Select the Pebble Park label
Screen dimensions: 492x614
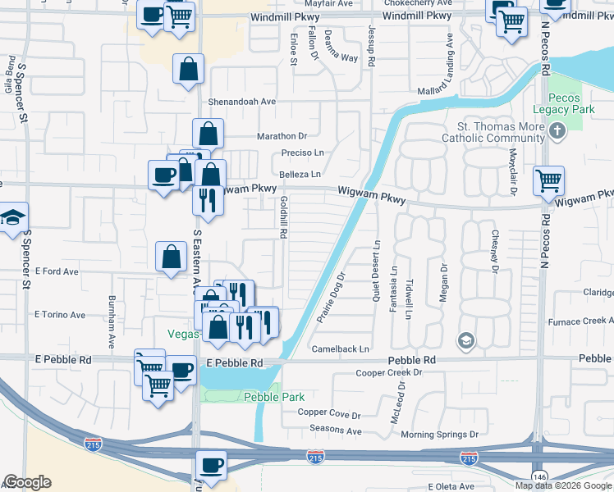pos(263,397)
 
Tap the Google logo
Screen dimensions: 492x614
pos(26,482)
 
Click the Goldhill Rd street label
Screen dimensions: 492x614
pos(282,216)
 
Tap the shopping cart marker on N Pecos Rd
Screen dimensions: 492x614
pos(548,180)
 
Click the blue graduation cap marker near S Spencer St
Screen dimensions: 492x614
pos(13,218)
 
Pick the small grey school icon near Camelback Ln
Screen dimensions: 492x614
pos(465,339)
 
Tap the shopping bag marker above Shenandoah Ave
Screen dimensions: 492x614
pos(188,69)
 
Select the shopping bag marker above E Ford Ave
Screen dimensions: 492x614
pos(170,256)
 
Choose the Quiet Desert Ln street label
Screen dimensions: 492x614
pos(377,271)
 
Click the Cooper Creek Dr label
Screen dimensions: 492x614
pos(388,373)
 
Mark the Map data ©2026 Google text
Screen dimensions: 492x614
pos(562,485)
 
